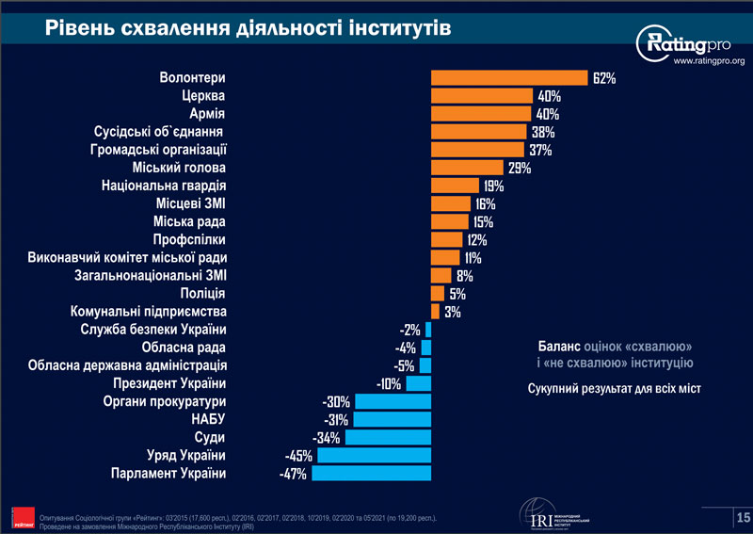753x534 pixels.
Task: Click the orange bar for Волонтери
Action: (509, 78)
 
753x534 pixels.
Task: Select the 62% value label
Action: (604, 78)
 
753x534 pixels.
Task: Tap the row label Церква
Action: (203, 96)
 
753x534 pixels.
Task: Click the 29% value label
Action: (520, 168)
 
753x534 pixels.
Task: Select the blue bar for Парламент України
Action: (371, 473)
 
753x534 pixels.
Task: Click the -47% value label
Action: (294, 473)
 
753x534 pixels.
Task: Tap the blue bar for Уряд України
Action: (374, 455)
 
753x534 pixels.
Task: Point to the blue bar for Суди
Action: (388, 437)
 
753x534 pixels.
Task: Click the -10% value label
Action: (388, 383)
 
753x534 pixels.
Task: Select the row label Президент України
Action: (169, 383)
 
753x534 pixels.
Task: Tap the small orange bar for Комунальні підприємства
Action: (435, 311)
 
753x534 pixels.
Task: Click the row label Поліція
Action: (203, 293)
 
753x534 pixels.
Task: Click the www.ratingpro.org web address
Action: (708, 62)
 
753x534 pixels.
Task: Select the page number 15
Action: (742, 517)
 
